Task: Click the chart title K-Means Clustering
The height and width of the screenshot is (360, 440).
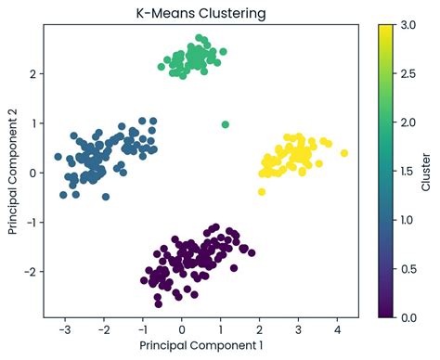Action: tap(199, 13)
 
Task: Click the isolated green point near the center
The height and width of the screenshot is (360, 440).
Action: tap(226, 124)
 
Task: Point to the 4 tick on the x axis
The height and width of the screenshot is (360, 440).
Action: tap(338, 330)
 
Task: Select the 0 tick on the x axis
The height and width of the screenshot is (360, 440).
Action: tap(182, 330)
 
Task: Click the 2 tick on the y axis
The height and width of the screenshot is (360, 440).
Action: tap(33, 73)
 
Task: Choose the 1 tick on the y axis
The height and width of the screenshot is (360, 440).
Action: tap(33, 123)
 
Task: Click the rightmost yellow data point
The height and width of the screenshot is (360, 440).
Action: tap(344, 153)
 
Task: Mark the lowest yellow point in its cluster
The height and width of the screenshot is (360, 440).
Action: tap(262, 192)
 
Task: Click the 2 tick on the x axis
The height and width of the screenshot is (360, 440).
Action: tap(260, 330)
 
